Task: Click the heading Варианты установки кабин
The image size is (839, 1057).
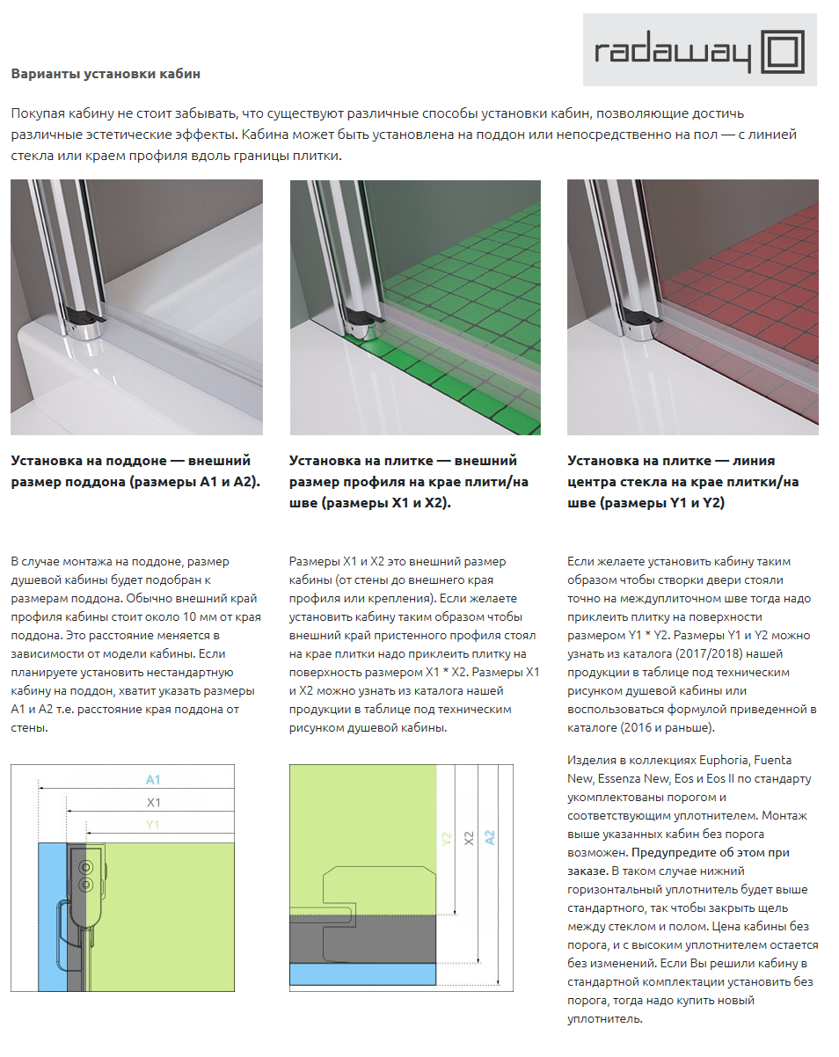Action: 106,74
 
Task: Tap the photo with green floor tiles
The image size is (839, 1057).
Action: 415,307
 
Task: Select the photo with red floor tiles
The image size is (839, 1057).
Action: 692,307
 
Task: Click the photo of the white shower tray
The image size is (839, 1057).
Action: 136,307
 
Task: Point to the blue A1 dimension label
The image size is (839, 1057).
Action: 153,780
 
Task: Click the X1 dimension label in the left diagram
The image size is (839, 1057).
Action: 153,802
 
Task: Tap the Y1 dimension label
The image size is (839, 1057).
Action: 153,825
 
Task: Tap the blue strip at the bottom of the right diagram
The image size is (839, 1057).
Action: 362,973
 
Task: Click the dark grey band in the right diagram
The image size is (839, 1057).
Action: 362,939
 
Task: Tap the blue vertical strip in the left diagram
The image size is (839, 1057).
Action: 52,915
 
